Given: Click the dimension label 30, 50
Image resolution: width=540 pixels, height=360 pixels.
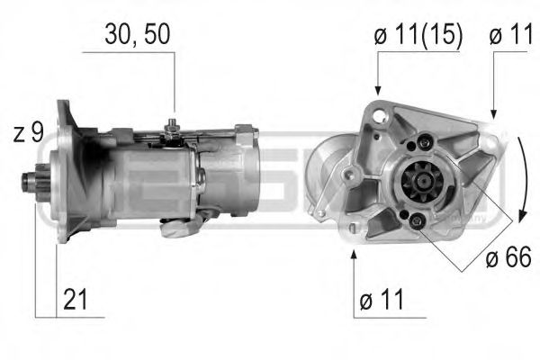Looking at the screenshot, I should point(137,35).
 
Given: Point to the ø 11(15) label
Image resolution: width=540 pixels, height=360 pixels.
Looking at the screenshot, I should point(418,35).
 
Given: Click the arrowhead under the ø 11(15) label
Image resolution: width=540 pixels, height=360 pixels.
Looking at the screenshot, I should point(378,90).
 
